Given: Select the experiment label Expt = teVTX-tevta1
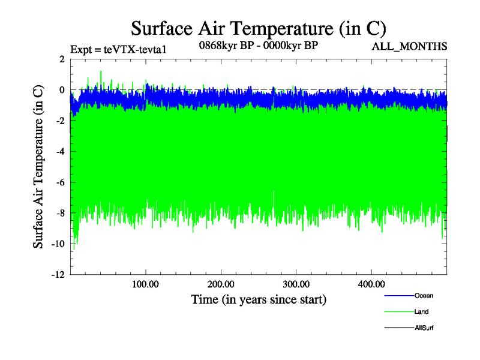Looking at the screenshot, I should pyautogui.click(x=118, y=50).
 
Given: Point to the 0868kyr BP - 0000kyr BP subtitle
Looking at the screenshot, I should pyautogui.click(x=258, y=44).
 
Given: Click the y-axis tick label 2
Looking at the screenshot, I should pyautogui.click(x=62, y=59).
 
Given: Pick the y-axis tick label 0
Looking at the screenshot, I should pyautogui.click(x=62, y=90).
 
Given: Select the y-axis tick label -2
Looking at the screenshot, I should pyautogui.click(x=59, y=121).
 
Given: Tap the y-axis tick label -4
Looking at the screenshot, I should pyautogui.click(x=59, y=152).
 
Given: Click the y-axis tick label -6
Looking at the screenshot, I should pyautogui.click(x=59, y=182).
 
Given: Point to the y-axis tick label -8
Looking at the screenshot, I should pyautogui.click(x=59, y=214).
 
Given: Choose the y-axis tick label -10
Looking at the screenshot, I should pyautogui.click(x=57, y=244).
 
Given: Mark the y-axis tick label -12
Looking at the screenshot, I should pyautogui.click(x=57, y=275).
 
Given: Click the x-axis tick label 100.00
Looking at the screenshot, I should pyautogui.click(x=146, y=284).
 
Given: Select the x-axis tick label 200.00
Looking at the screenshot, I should pyautogui.click(x=221, y=284).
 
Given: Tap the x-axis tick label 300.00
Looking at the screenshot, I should pyautogui.click(x=296, y=284).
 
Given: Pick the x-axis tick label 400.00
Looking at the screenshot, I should pyautogui.click(x=371, y=284).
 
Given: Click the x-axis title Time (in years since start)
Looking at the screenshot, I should pyautogui.click(x=259, y=299).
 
